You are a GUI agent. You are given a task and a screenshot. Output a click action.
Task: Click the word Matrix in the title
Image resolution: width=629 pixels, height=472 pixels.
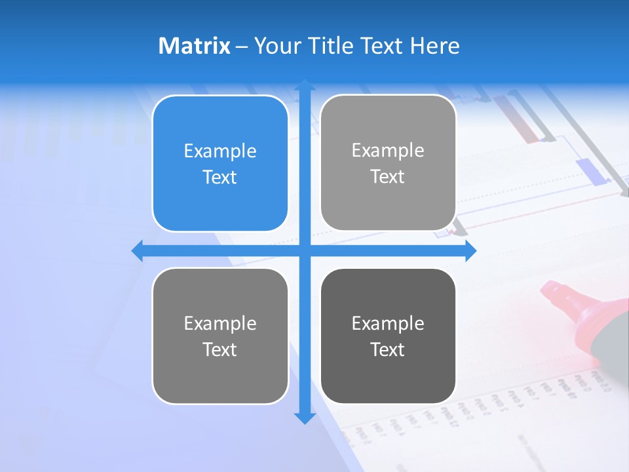195,46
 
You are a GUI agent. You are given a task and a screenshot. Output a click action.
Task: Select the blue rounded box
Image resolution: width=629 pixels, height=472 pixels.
220,163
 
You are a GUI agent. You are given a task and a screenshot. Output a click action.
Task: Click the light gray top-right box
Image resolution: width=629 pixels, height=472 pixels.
388,163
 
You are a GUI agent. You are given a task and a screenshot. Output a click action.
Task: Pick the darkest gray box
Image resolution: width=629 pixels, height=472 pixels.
388,336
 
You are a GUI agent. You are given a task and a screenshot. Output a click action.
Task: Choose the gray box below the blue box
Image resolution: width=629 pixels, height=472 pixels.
220,336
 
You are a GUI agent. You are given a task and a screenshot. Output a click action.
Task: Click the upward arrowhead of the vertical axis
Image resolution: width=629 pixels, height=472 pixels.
305,85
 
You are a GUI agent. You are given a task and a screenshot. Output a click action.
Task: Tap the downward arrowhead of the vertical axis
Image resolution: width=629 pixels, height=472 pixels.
305,418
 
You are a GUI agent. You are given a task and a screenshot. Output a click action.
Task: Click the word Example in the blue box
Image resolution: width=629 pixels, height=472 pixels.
220,151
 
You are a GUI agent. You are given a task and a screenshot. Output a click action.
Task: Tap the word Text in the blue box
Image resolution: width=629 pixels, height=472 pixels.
219,178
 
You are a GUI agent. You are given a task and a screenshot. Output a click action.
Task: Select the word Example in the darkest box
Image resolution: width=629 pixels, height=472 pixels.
388,323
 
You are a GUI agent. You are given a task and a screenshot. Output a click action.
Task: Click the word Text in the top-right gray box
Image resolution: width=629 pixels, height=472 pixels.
387,177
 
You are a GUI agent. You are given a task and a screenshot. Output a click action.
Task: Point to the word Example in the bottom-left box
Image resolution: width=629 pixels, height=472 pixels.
220,323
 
